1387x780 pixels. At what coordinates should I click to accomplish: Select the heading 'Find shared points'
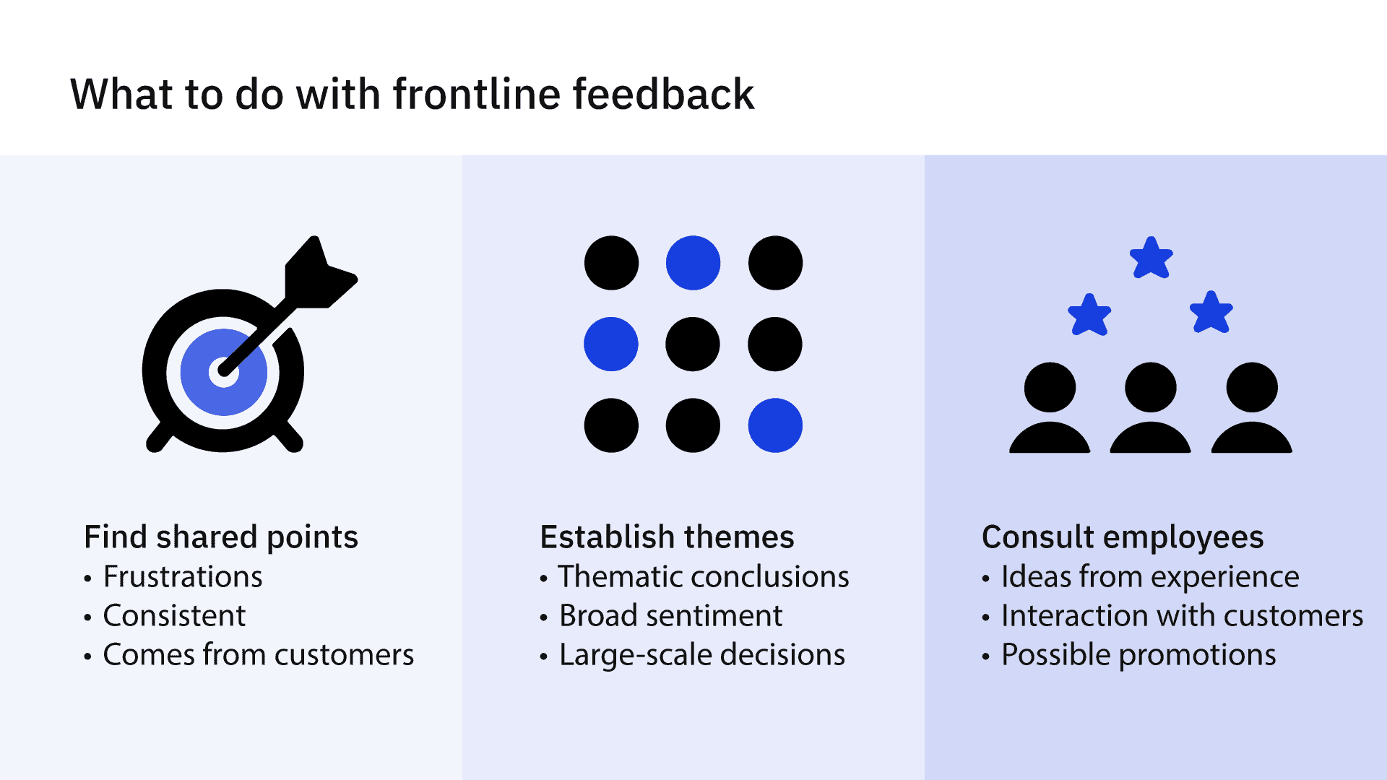click(221, 537)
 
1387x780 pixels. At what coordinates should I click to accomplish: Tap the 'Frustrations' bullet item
click(183, 577)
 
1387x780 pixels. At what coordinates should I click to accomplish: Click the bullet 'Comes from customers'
click(258, 655)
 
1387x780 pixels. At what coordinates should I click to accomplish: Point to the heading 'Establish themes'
click(667, 537)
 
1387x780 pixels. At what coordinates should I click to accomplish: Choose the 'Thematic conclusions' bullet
click(704, 577)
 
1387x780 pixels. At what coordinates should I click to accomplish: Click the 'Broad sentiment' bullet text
click(670, 616)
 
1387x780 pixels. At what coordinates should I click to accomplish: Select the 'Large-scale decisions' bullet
click(701, 655)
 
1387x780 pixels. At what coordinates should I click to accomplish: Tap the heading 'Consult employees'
click(1123, 537)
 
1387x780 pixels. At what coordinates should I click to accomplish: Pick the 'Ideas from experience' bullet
click(1150, 577)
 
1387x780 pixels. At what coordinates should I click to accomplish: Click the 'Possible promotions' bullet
click(1138, 655)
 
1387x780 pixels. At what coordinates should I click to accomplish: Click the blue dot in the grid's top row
click(693, 263)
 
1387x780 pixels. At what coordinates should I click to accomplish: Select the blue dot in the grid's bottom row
click(775, 425)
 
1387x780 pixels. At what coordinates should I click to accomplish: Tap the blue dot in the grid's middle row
click(611, 344)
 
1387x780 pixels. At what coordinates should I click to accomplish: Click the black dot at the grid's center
click(693, 344)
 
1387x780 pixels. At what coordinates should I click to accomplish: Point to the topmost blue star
click(1151, 259)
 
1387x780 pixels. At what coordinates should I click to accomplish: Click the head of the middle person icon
click(1151, 387)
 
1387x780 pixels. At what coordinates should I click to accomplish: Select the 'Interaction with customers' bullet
click(1182, 616)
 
